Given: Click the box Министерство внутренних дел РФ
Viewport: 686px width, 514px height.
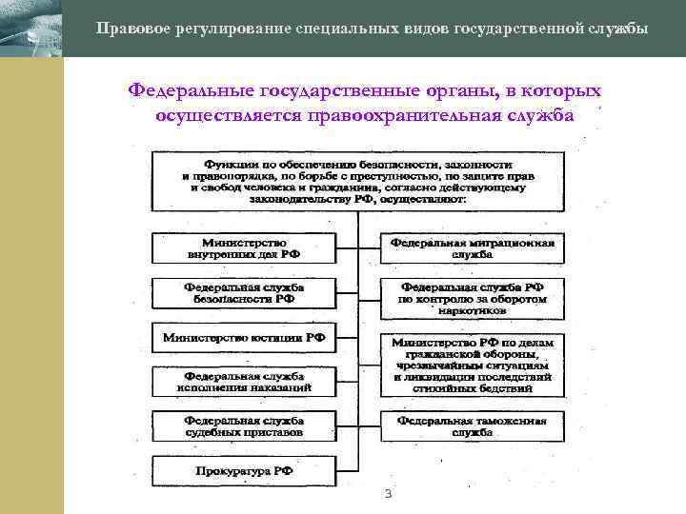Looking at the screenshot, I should (244, 249).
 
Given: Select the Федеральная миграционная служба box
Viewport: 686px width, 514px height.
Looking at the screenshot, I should (473, 249).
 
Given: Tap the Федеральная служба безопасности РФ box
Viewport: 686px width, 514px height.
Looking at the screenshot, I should (244, 292).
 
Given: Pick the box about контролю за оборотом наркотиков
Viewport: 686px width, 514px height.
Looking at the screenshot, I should (473, 299).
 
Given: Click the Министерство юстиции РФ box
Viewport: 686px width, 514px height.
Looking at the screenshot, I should (244, 337).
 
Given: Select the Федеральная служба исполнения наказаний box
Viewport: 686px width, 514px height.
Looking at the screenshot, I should (244, 381).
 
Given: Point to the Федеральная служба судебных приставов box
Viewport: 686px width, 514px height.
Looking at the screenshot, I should (244, 425).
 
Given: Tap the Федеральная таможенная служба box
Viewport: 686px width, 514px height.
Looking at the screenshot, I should (473, 425).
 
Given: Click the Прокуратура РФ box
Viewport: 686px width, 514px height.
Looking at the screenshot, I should (244, 470).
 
